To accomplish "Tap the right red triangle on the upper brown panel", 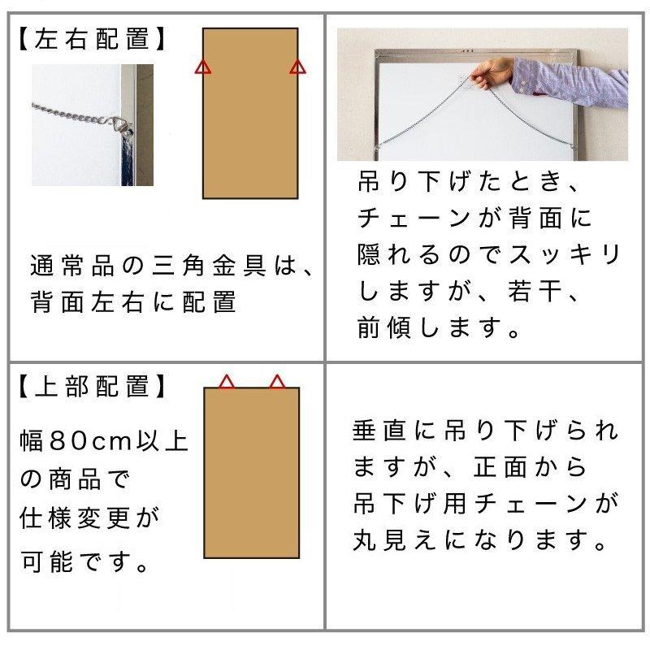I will pos(297,67).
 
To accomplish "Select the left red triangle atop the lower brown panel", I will pos(227,381).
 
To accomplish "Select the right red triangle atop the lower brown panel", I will pos(277,381).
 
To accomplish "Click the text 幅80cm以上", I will pos(104,441).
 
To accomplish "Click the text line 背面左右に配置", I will pos(133,302).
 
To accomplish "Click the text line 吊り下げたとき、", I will pos(470,183).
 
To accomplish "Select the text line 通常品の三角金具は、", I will pos(171,266).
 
